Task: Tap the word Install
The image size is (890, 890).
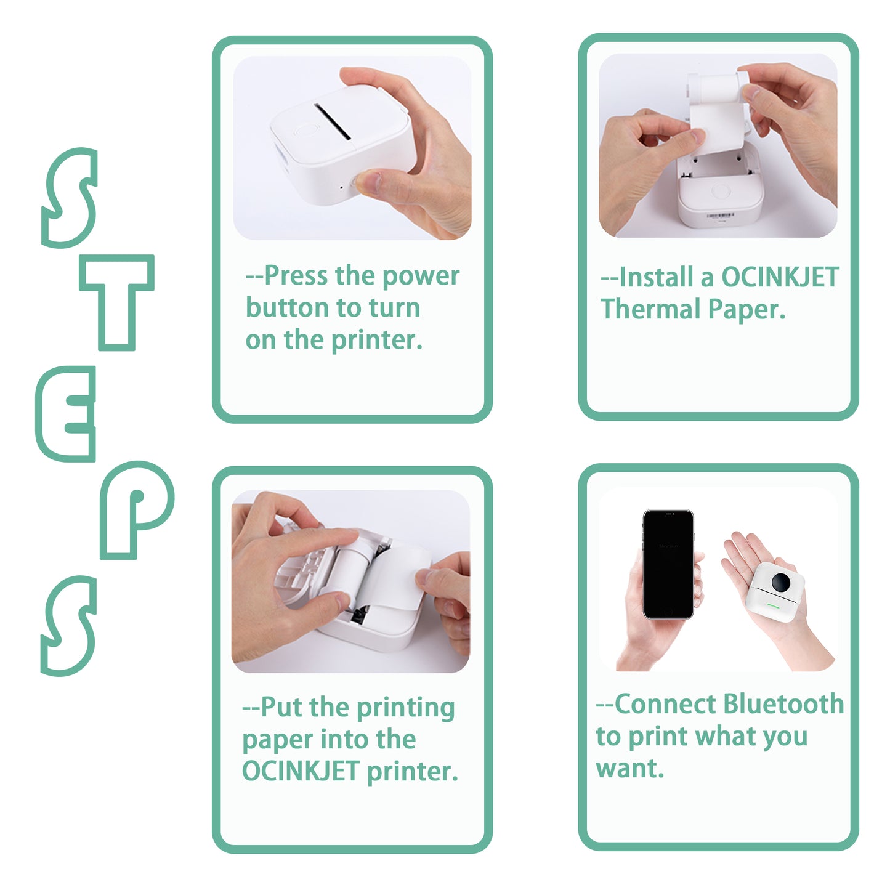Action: coord(656,277)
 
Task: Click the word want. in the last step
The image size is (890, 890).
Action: coord(629,769)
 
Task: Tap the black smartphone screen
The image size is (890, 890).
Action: coord(668,563)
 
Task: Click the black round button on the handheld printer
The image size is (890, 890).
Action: coord(781,581)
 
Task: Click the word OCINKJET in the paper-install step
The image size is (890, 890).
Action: coord(780,277)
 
